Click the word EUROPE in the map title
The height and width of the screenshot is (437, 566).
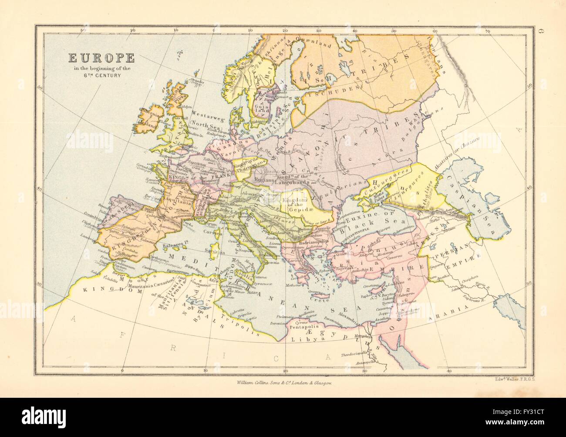coord(100,58)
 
